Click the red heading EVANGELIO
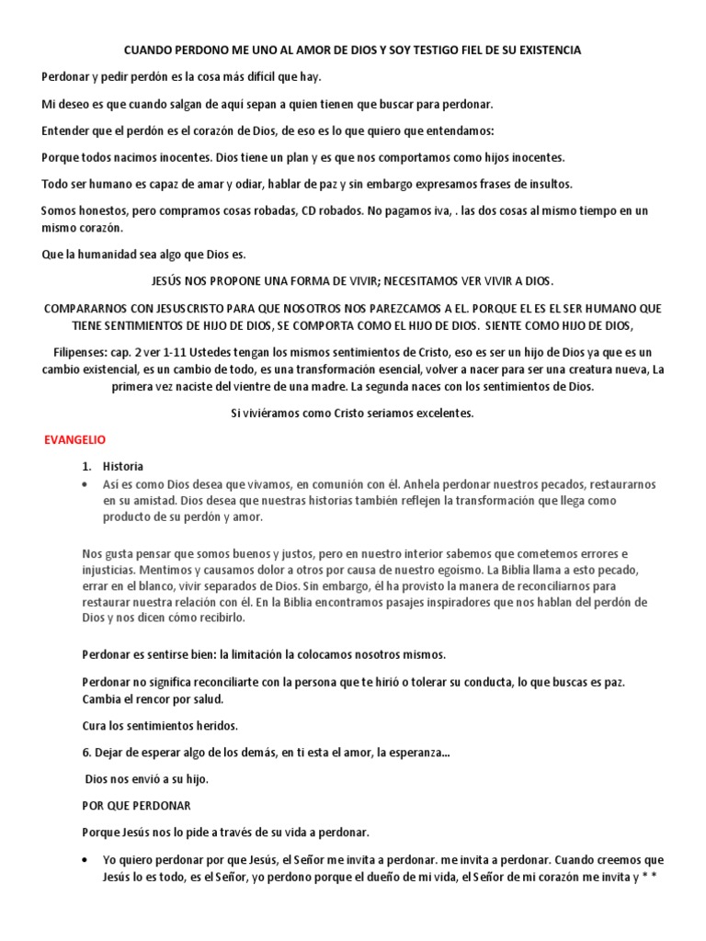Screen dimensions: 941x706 tap(75, 440)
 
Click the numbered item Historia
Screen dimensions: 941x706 tap(122, 466)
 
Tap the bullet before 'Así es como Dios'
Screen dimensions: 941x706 tap(85, 483)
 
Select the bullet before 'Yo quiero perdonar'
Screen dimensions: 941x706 tap(85, 860)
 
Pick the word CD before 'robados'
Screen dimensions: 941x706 tap(309, 210)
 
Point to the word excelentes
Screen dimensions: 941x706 tap(445, 413)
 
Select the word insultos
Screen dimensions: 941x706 tap(548, 184)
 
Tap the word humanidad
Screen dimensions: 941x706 tap(113, 254)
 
